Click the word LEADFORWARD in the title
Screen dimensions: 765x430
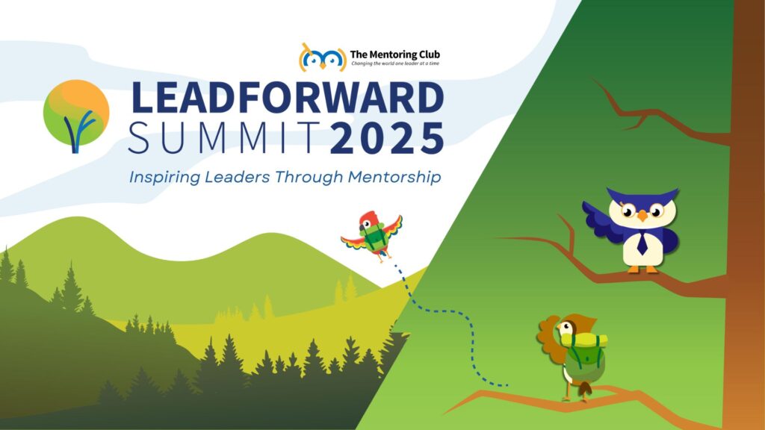(x=288, y=98)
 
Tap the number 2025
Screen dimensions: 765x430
(x=387, y=138)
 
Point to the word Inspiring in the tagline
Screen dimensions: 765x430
(x=164, y=177)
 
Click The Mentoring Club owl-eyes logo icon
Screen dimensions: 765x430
(x=322, y=58)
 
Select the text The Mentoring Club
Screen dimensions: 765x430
(x=394, y=54)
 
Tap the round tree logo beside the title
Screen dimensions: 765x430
(x=76, y=116)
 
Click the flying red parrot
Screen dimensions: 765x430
(x=372, y=236)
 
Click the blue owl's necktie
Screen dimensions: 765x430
(x=642, y=243)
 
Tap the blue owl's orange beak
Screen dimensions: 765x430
(x=642, y=216)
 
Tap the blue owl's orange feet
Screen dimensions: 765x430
(x=643, y=269)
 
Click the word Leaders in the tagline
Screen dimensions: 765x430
(x=237, y=176)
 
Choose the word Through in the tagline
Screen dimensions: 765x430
(x=309, y=177)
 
